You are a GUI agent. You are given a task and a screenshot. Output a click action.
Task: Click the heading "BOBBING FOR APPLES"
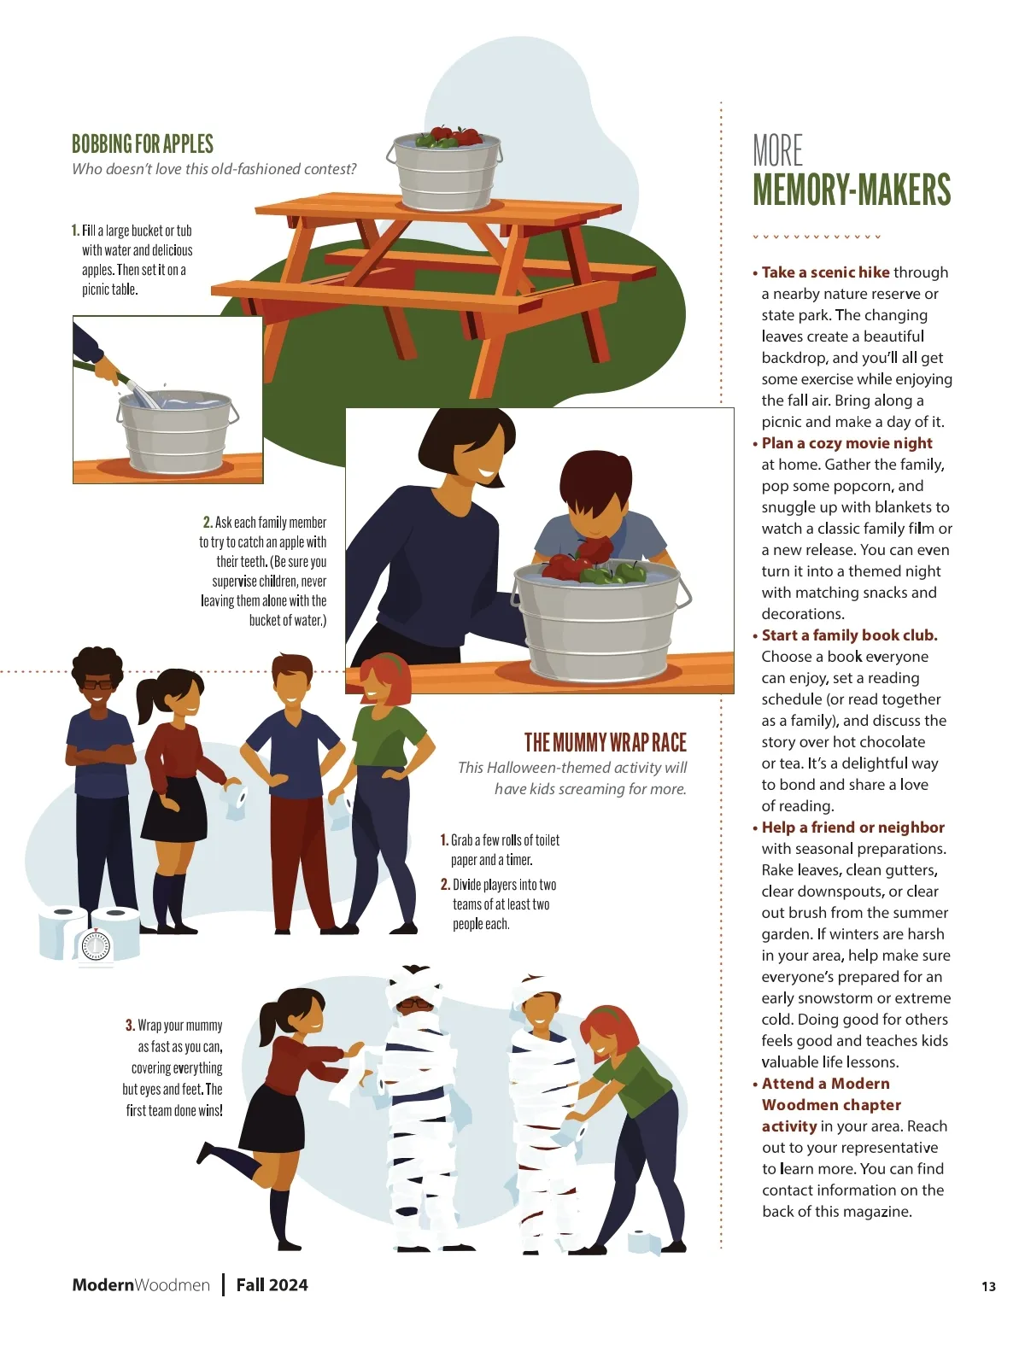click(142, 144)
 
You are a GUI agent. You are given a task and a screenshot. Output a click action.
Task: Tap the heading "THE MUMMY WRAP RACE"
click(606, 742)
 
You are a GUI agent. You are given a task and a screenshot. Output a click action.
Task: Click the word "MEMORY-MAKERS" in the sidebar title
click(852, 190)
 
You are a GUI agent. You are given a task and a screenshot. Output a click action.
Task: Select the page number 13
click(988, 1286)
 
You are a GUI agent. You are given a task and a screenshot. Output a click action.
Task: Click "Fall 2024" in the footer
click(272, 1285)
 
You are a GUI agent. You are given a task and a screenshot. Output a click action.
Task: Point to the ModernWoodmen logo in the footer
click(141, 1285)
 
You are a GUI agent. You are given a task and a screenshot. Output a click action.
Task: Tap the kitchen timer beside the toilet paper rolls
click(96, 944)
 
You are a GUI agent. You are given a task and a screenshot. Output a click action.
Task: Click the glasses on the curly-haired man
click(98, 684)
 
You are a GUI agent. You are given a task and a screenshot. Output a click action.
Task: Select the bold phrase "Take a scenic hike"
click(825, 272)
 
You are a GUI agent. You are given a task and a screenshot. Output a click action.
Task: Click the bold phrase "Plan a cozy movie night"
click(846, 443)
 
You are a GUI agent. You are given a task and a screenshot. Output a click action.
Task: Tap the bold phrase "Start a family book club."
click(849, 634)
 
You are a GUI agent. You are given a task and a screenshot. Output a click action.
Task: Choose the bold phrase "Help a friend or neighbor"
click(852, 827)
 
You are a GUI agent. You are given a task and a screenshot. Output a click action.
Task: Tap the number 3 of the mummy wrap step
click(129, 1025)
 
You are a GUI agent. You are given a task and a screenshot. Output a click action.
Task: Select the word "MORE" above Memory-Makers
click(777, 151)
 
